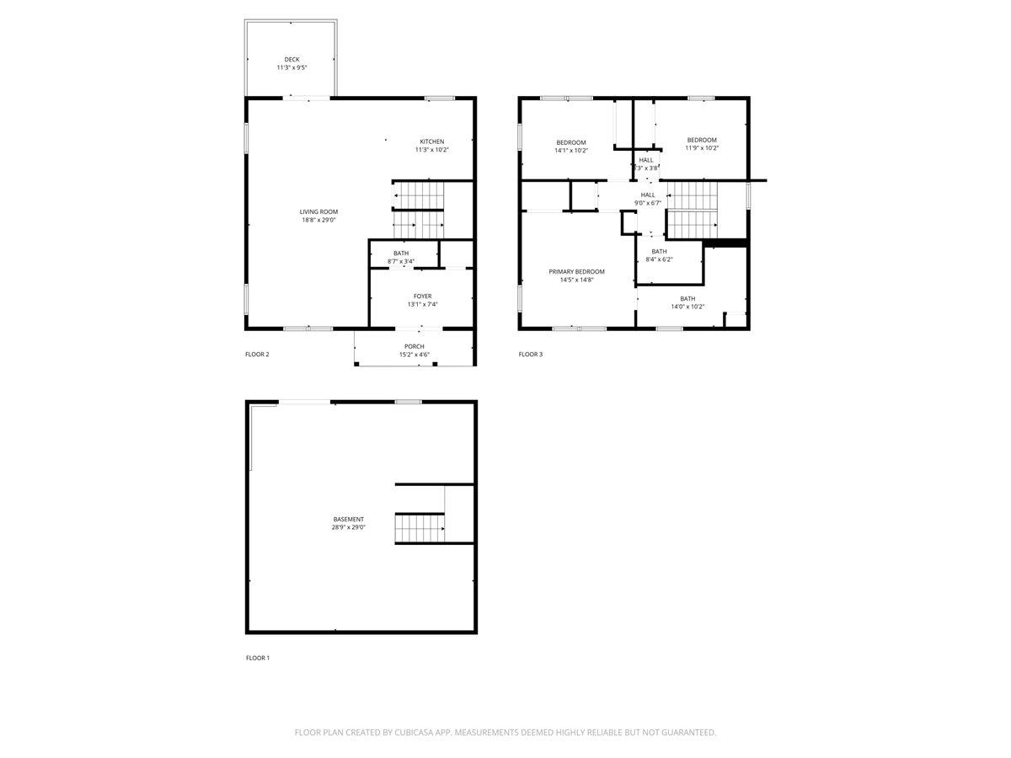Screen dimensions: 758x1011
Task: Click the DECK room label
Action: (292, 60)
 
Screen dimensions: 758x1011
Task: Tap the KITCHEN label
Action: (432, 141)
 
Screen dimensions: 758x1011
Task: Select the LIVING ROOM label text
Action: (319, 212)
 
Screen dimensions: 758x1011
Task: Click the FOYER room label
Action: (422, 296)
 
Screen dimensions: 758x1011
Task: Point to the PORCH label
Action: (414, 346)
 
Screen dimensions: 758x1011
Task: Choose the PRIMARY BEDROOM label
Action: (576, 272)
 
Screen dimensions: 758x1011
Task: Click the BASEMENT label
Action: (349, 519)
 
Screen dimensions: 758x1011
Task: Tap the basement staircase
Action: (420, 528)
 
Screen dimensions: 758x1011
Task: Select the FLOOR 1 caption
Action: (257, 657)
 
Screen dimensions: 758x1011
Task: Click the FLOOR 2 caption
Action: (257, 355)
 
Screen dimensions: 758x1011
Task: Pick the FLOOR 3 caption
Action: (530, 355)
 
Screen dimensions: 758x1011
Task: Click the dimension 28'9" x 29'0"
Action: (349, 527)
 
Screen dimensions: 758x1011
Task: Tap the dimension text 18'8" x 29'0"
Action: (319, 221)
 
